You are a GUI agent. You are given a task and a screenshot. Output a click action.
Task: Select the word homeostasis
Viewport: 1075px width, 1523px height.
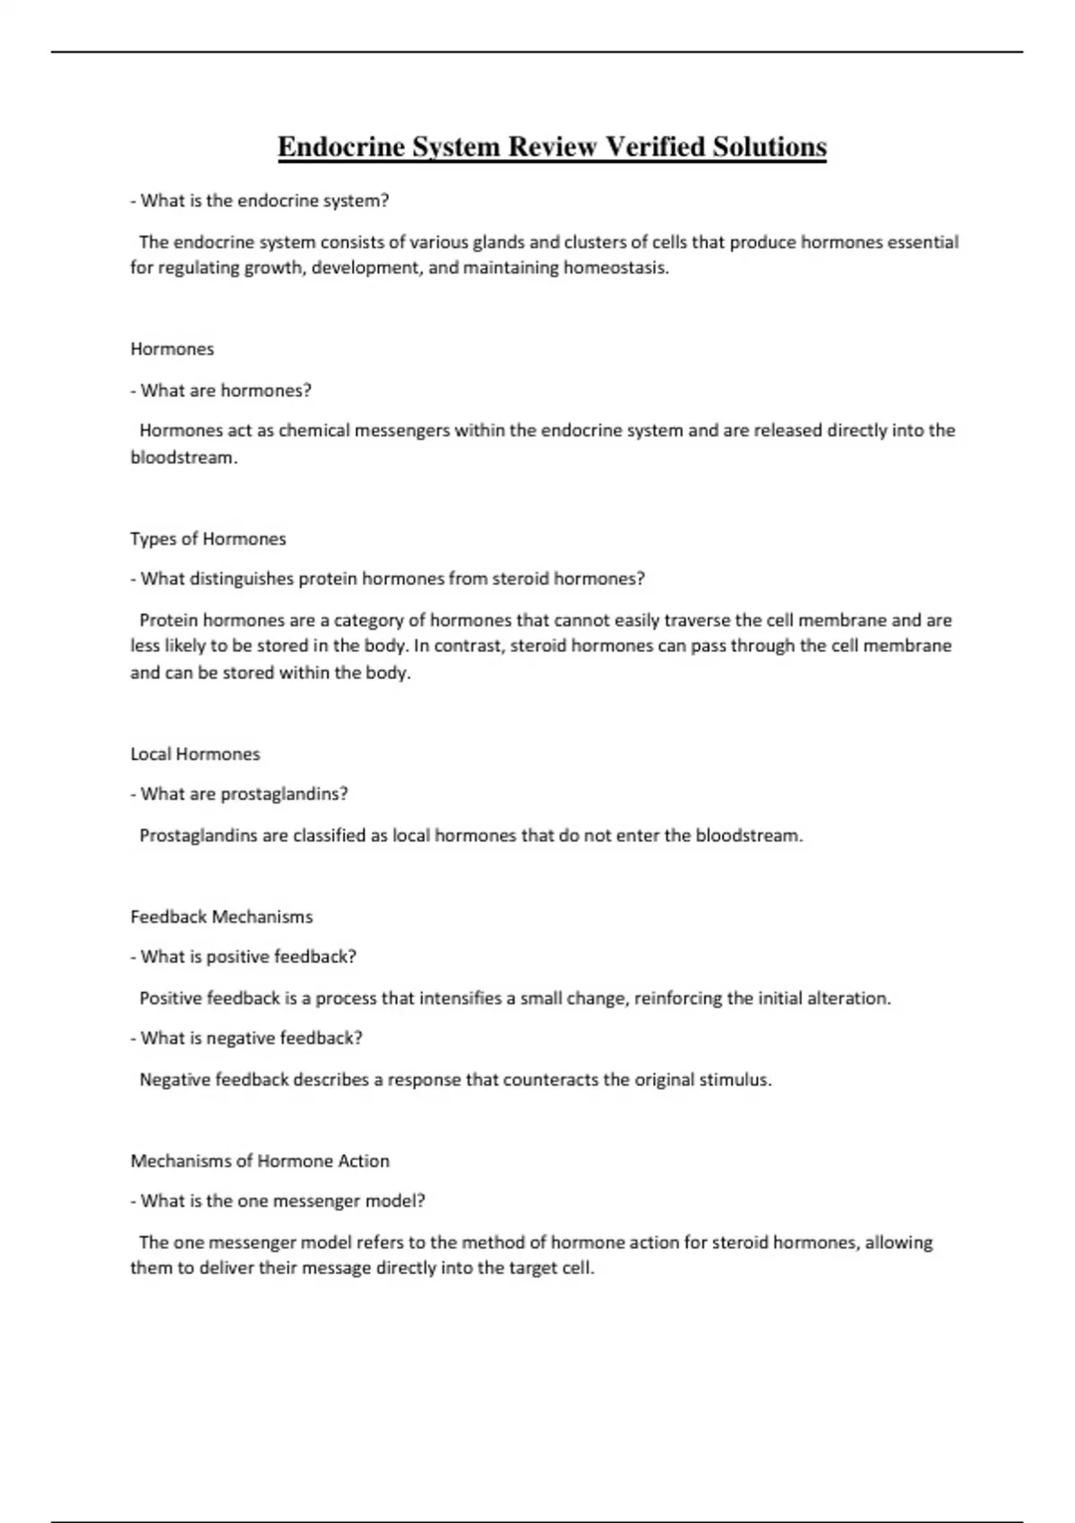pos(615,267)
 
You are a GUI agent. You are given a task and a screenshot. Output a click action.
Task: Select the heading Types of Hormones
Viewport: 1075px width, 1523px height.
pos(208,538)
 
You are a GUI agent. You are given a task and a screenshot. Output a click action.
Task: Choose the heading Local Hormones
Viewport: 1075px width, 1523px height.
pos(195,753)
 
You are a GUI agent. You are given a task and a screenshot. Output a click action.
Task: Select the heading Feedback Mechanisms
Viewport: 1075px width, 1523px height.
pos(221,916)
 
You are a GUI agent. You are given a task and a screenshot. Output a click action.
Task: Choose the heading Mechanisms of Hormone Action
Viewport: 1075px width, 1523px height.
pos(260,1161)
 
